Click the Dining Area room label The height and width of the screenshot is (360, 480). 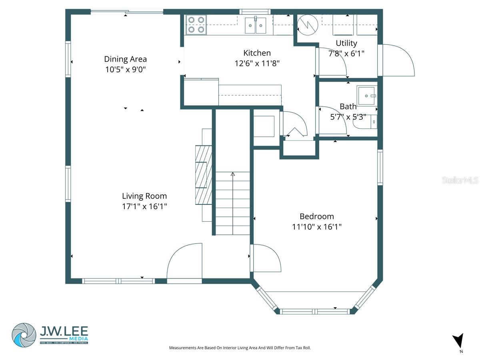point(125,59)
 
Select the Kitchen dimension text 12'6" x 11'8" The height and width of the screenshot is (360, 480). point(257,63)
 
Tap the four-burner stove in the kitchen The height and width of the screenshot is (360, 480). point(196,24)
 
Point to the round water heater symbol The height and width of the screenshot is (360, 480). point(308,24)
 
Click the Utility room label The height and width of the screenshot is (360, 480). point(346,43)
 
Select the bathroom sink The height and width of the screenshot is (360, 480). point(366,96)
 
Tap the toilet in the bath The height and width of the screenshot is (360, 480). point(365,122)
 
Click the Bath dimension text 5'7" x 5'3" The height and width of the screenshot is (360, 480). point(348,117)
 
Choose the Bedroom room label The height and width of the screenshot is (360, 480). point(316,216)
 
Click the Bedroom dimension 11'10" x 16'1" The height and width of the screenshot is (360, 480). point(316,227)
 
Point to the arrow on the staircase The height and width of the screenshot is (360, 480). point(233,174)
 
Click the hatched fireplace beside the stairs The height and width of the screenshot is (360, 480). point(203,175)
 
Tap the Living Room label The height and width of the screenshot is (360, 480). point(144,196)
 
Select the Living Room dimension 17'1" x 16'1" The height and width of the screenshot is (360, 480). point(144,206)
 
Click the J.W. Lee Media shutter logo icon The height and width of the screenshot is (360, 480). point(24,334)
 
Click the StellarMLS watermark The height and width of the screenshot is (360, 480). point(460,180)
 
